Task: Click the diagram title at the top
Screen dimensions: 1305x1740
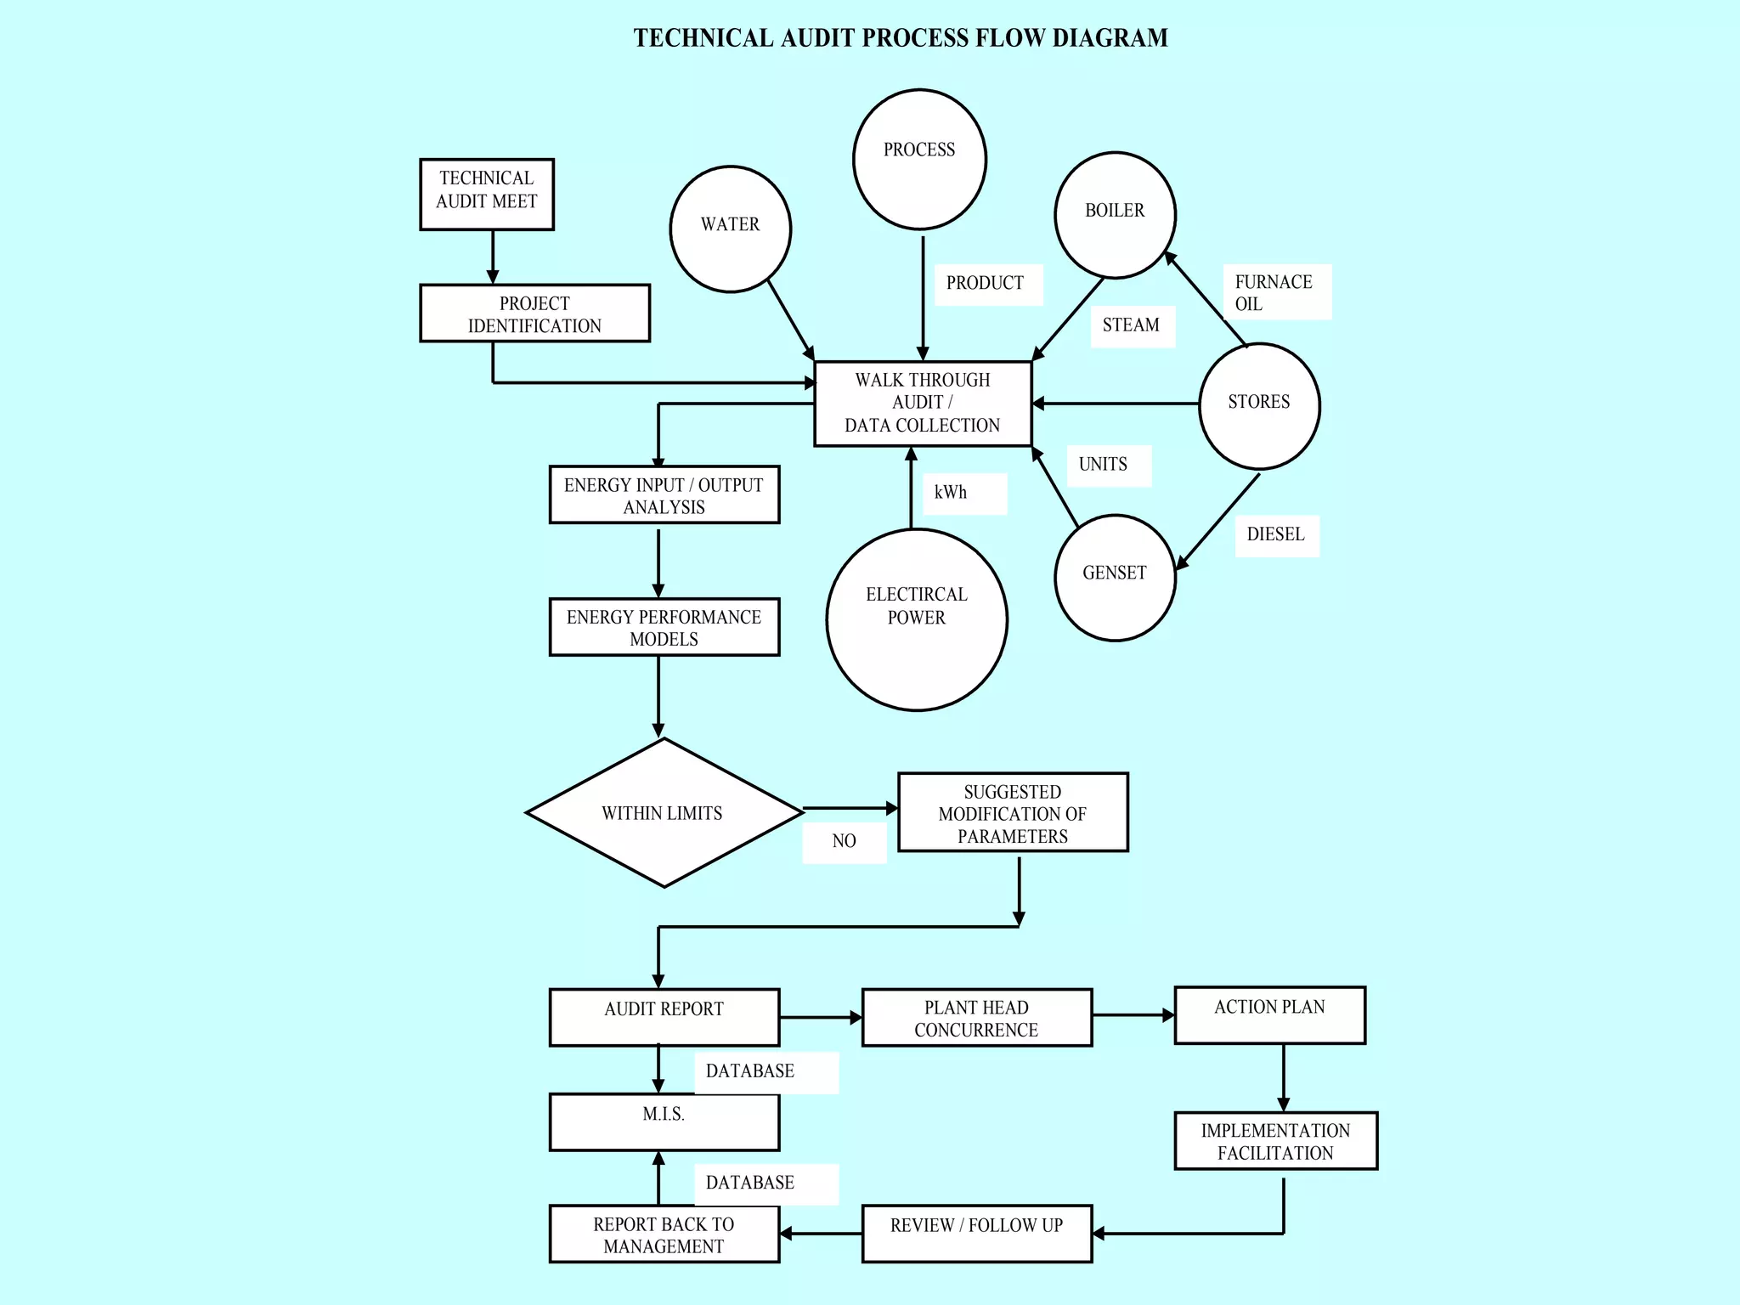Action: coord(901,38)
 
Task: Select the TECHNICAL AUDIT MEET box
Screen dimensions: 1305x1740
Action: coord(487,194)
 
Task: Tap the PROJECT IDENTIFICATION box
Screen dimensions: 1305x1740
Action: coord(534,314)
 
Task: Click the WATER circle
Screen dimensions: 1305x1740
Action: coord(731,229)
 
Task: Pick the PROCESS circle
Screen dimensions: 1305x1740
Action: coord(919,160)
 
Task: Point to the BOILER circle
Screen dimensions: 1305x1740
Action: coord(1115,215)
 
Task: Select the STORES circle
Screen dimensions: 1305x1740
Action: coord(1259,406)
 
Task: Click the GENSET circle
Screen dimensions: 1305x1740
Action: coord(1115,578)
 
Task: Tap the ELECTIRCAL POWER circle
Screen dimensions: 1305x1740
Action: coord(917,619)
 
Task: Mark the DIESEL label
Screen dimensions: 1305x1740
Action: coord(1276,535)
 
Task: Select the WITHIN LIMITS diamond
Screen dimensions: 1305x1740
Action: coord(664,813)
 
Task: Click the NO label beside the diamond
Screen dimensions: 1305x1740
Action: coord(845,842)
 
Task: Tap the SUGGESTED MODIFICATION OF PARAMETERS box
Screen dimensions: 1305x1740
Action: coord(1013,813)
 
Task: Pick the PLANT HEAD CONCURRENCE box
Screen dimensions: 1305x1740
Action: coord(976,1018)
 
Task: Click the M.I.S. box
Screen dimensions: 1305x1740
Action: coord(664,1122)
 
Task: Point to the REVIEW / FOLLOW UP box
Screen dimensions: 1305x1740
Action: coord(976,1233)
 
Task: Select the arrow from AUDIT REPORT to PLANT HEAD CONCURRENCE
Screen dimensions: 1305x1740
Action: coord(820,1017)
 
